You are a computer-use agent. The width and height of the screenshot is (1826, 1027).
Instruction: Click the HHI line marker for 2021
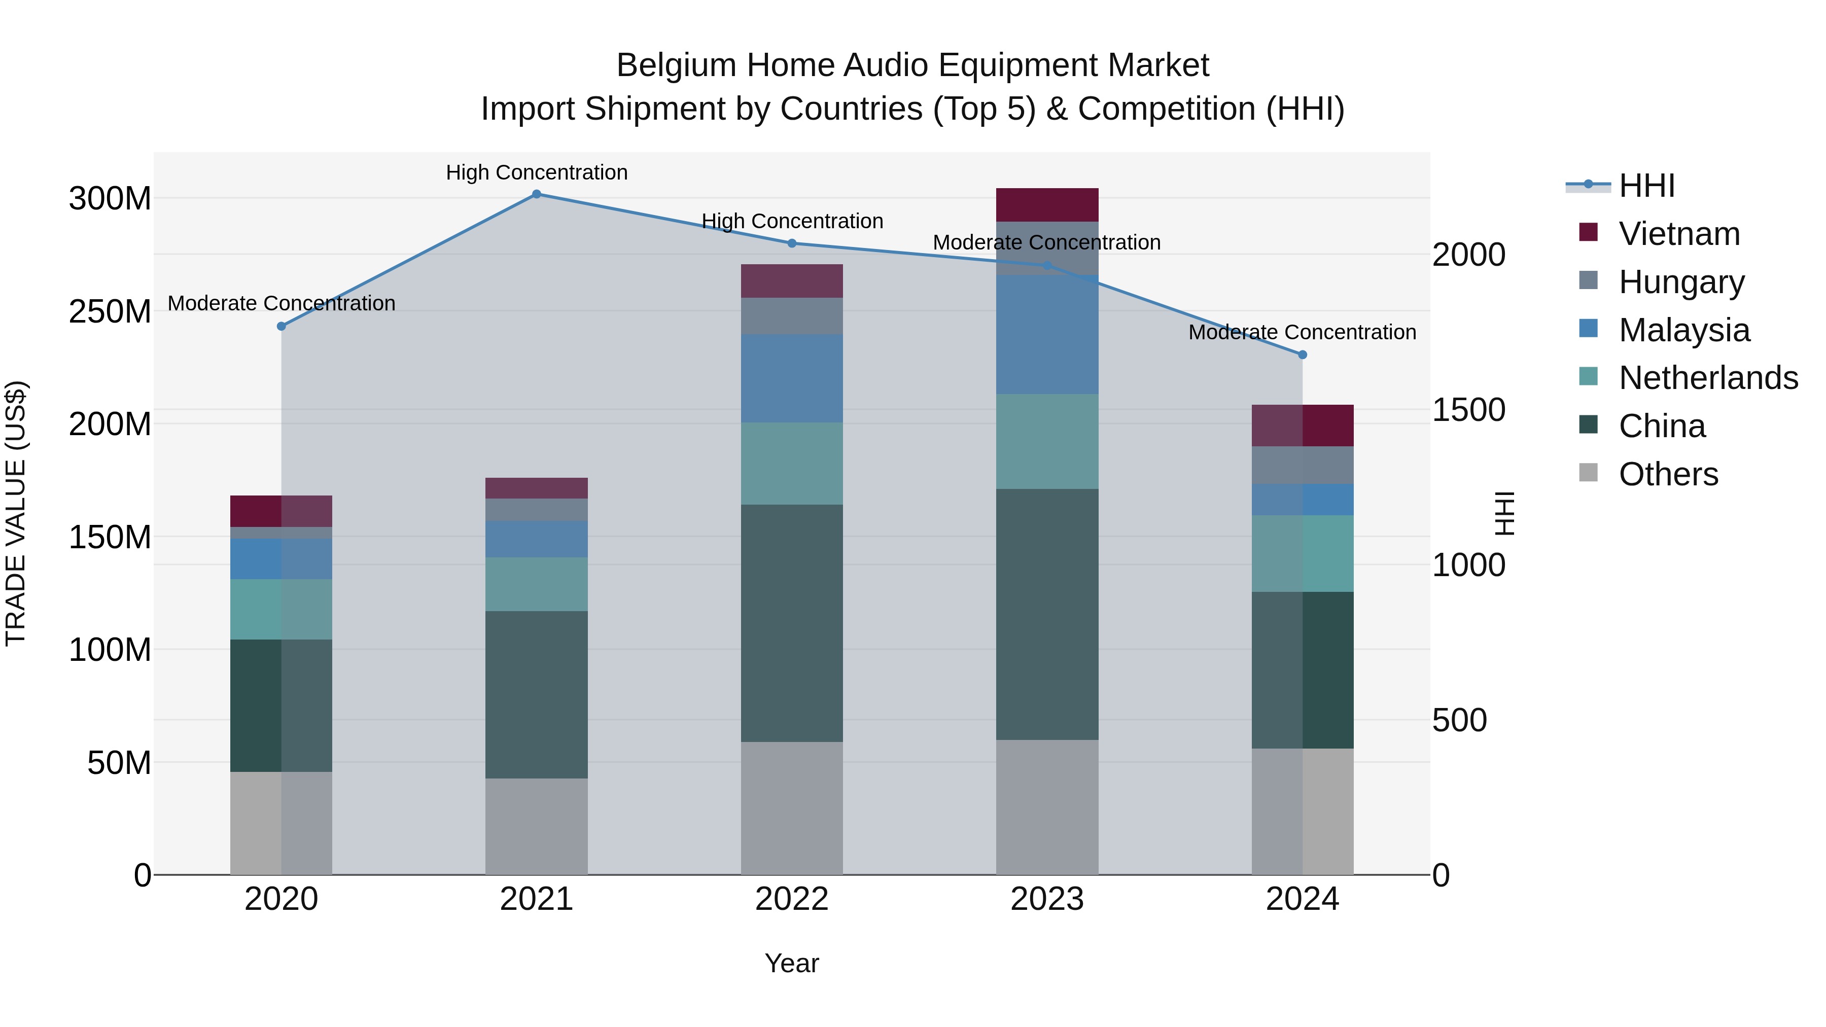click(537, 194)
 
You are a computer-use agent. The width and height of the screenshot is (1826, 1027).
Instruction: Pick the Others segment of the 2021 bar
click(537, 827)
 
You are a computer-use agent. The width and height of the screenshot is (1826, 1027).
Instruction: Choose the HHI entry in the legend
click(1646, 186)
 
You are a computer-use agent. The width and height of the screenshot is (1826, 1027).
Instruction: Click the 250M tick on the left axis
click(110, 312)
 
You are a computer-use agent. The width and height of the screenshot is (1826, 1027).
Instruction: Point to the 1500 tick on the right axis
click(1469, 410)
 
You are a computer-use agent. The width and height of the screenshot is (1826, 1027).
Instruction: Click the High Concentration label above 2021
click(537, 173)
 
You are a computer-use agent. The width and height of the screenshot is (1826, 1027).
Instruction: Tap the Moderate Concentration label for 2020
click(282, 303)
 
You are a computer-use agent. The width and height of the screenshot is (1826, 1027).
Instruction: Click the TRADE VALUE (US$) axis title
click(16, 513)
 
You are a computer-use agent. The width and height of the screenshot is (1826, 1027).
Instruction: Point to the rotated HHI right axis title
click(1503, 513)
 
